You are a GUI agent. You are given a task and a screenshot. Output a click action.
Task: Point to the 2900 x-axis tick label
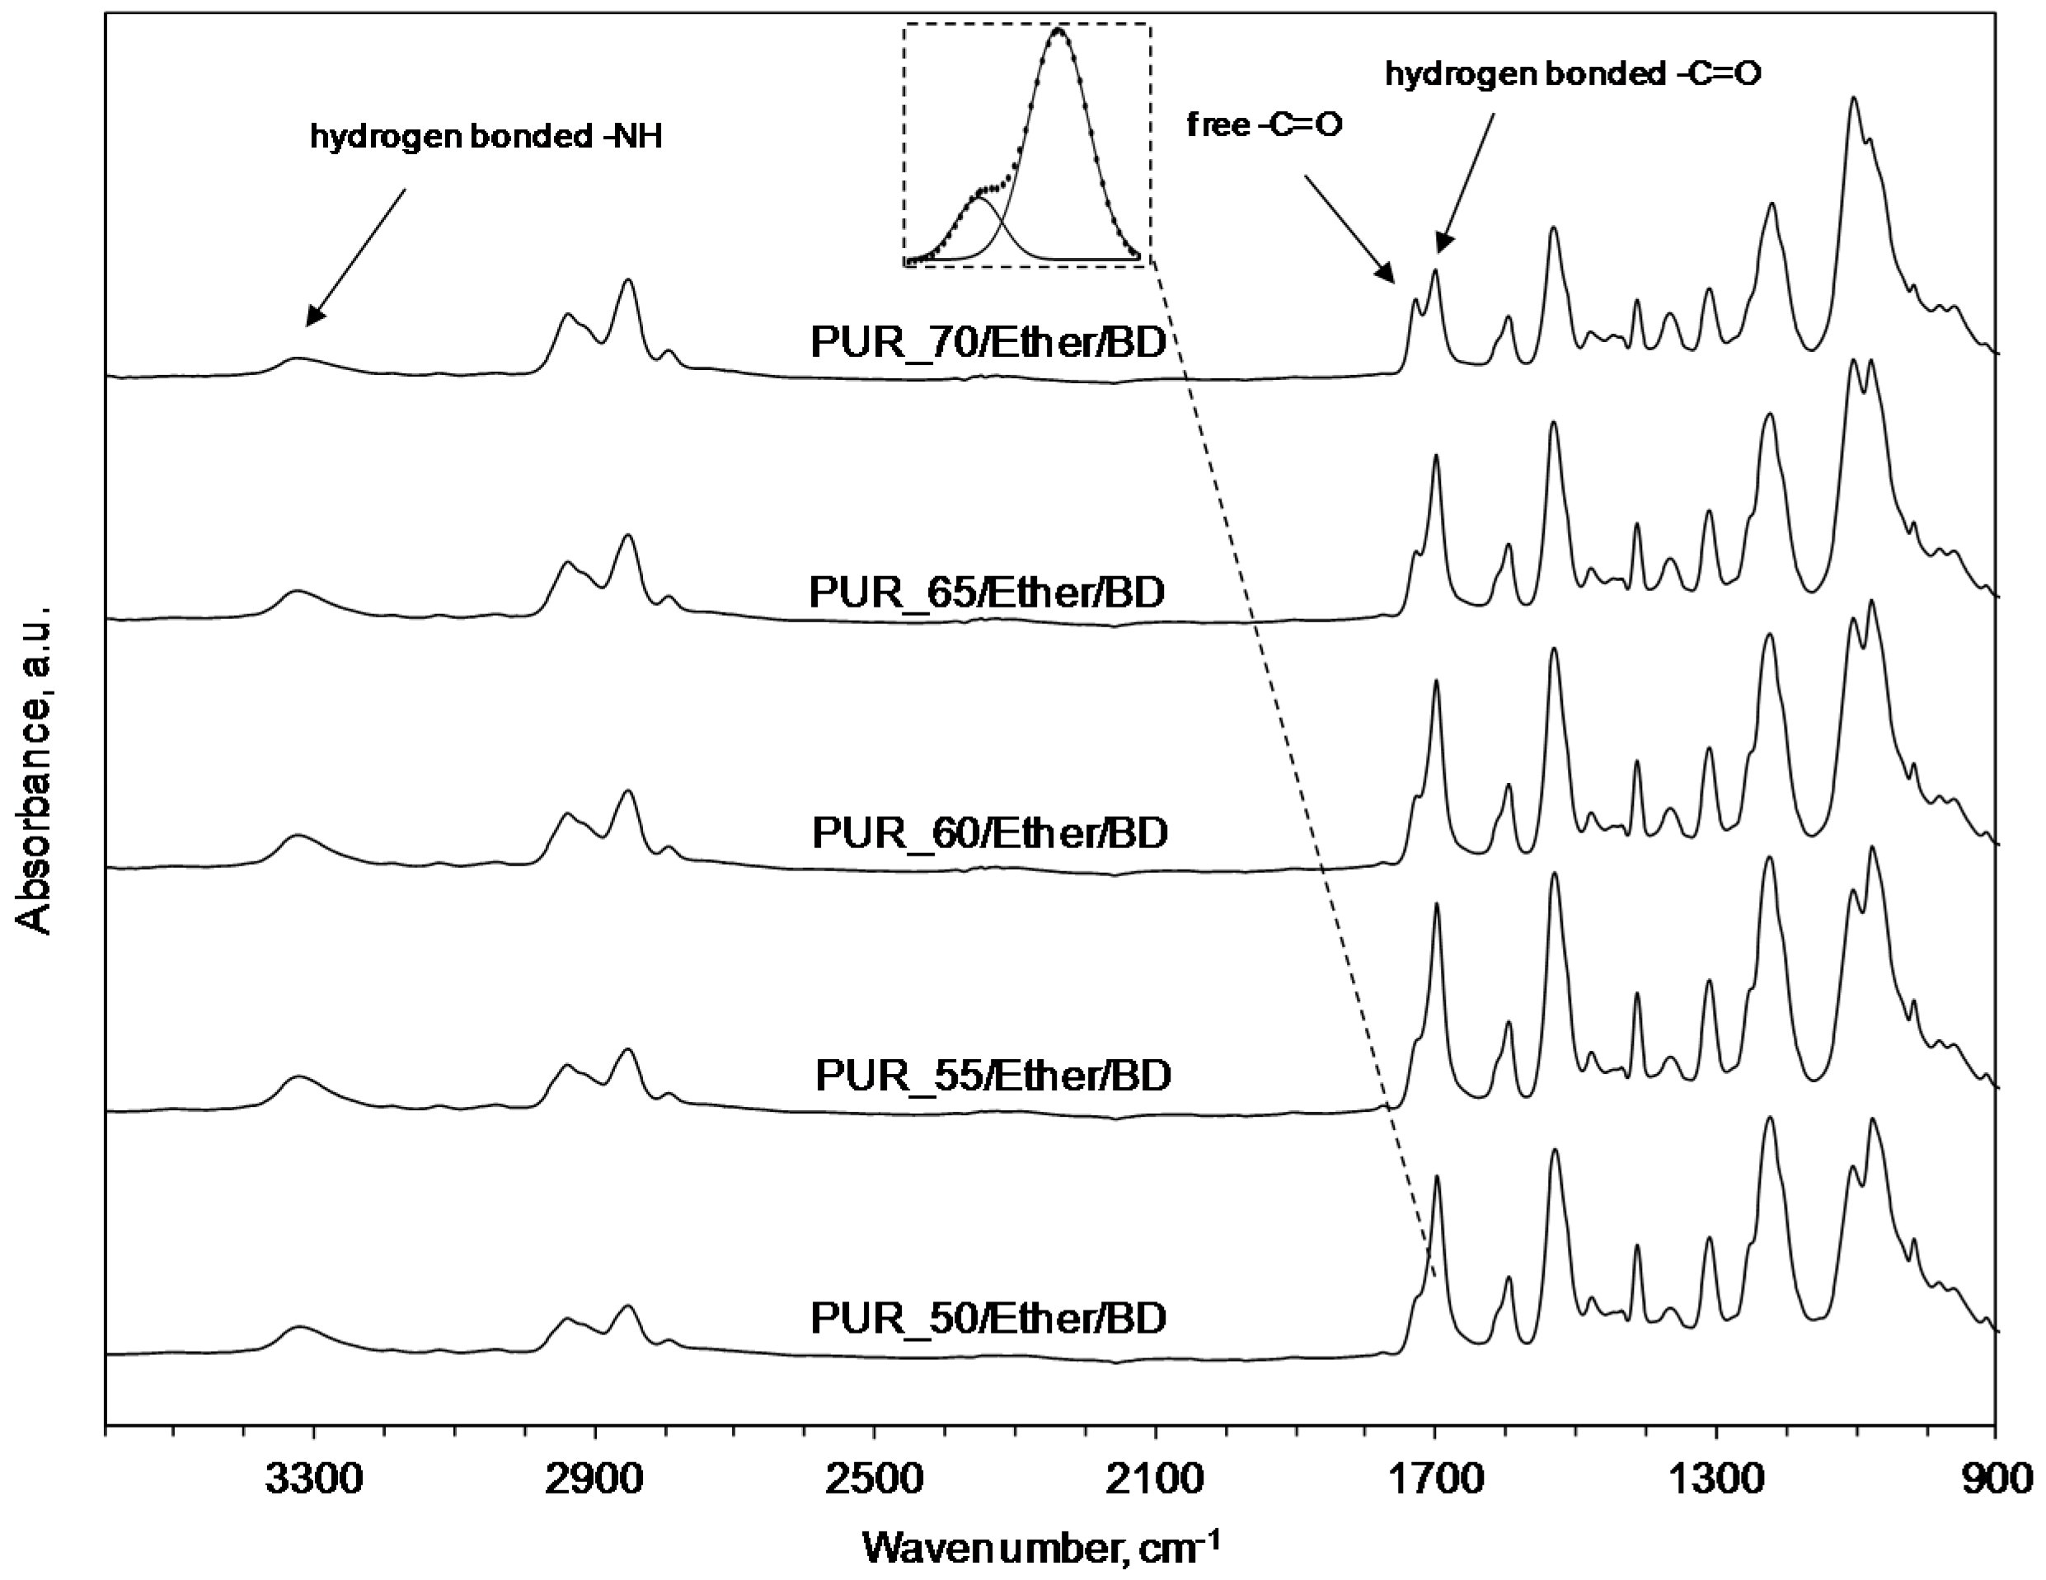[x=593, y=1482]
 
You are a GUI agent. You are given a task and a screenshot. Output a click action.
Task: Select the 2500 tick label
[x=873, y=1482]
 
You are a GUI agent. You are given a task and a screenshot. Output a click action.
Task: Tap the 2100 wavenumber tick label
[x=1154, y=1482]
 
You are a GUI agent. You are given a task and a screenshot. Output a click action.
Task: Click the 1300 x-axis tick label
[x=1715, y=1482]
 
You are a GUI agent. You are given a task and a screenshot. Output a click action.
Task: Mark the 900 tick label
[x=1997, y=1482]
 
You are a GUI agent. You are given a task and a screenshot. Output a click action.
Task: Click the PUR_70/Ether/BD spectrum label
[x=988, y=343]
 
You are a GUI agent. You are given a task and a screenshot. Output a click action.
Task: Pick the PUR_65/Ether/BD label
[x=987, y=592]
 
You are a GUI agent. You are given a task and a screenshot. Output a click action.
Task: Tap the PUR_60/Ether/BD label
[x=990, y=832]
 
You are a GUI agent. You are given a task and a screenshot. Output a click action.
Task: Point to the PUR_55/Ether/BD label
[x=993, y=1076]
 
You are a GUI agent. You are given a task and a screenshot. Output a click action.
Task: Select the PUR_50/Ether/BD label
[x=988, y=1319]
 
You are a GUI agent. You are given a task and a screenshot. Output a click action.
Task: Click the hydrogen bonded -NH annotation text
[x=486, y=137]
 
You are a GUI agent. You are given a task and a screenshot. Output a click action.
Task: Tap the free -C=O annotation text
[x=1265, y=124]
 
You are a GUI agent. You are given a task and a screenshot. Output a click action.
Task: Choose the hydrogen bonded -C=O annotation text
[x=1573, y=74]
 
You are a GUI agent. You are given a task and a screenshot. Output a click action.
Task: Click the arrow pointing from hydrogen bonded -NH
[x=356, y=256]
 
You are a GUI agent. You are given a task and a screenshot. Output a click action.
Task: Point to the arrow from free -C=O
[x=1349, y=228]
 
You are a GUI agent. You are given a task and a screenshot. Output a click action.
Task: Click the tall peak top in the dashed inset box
[x=1058, y=32]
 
